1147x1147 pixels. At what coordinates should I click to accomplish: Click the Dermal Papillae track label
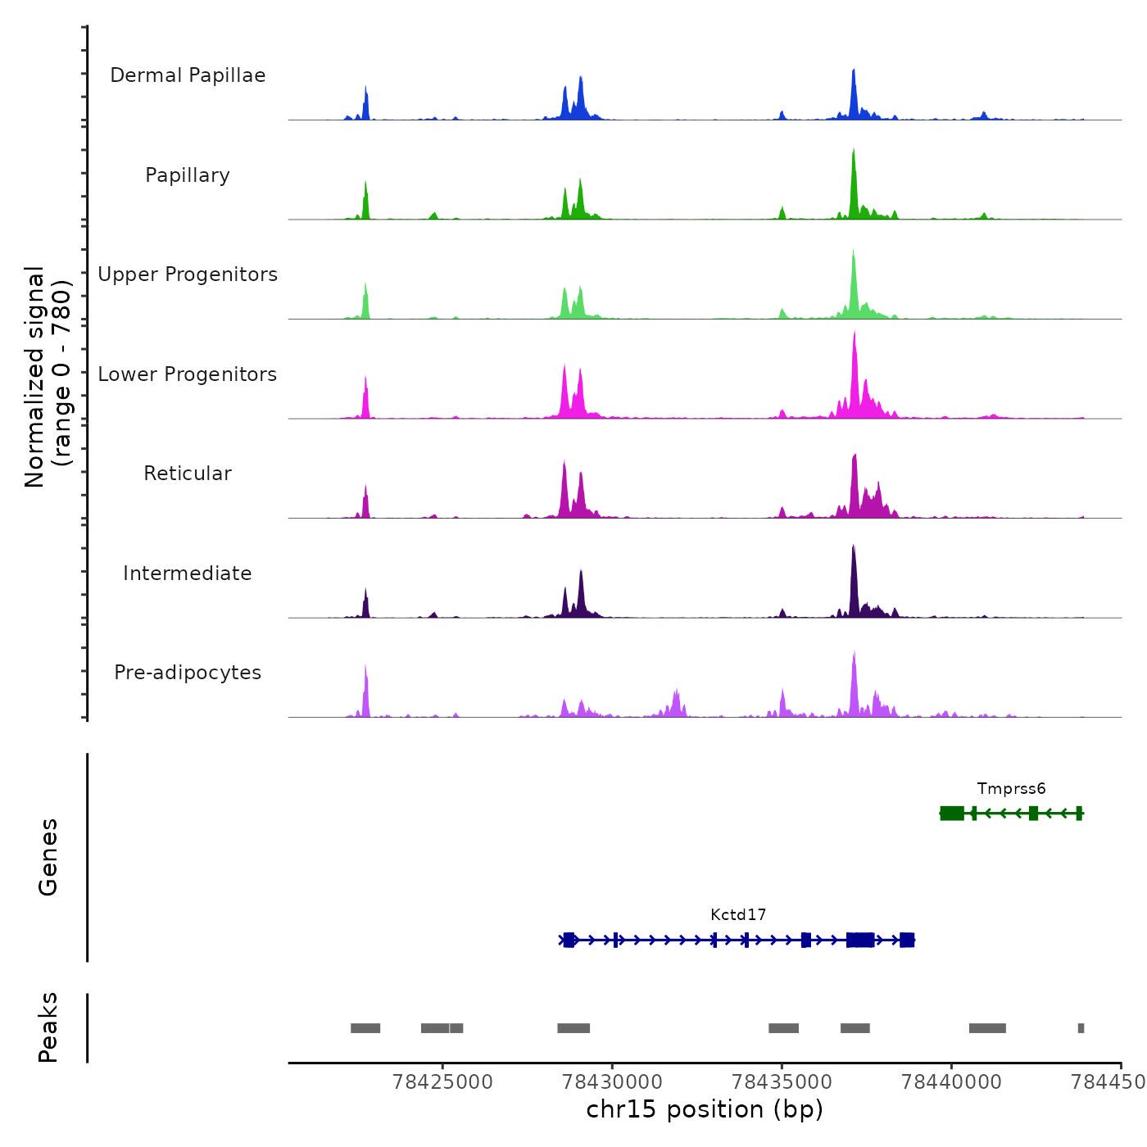point(188,75)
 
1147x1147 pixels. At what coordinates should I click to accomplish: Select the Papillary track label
point(188,175)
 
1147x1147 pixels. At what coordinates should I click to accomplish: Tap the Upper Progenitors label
point(188,274)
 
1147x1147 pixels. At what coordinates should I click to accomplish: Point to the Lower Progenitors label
point(188,374)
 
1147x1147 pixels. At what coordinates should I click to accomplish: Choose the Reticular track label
point(188,474)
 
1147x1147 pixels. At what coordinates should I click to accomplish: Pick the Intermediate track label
point(188,573)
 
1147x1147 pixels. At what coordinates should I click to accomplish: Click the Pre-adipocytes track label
point(188,673)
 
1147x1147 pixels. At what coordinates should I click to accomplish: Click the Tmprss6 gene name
point(1011,789)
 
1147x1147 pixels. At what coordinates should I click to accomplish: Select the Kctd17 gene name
point(738,915)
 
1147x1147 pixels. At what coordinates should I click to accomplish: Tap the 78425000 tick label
point(443,1082)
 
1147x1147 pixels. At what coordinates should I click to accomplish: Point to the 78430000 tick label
point(613,1082)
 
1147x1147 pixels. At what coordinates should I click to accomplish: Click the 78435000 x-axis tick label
point(782,1082)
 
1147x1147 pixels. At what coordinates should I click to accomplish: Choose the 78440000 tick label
point(952,1082)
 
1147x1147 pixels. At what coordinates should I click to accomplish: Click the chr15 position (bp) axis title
point(705,1110)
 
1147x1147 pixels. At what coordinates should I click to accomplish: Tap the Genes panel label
point(48,857)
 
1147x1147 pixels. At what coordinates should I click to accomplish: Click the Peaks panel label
point(48,1027)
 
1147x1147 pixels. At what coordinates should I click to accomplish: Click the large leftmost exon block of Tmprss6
point(952,813)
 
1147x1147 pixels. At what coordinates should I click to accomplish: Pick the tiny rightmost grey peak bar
point(1081,1028)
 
